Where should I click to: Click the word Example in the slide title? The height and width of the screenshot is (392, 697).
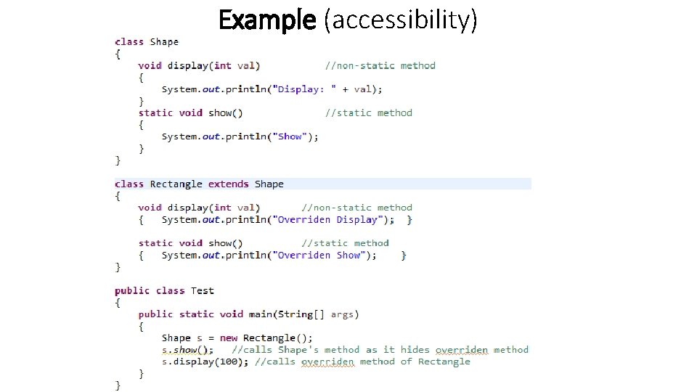(x=267, y=20)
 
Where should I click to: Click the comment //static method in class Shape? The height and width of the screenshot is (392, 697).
(x=368, y=113)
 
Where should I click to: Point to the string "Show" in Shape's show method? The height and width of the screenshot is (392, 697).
(x=290, y=136)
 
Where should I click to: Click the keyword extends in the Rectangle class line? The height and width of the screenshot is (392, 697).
(x=228, y=184)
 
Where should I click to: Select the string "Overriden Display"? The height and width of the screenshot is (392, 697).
(x=327, y=220)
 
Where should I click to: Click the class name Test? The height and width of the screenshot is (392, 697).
(x=203, y=291)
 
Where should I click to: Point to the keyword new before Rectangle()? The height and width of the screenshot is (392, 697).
(x=229, y=338)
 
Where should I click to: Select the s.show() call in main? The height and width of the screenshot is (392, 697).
(x=187, y=350)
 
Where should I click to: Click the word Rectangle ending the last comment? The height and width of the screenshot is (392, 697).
(x=444, y=362)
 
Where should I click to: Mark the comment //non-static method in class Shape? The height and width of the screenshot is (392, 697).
(x=380, y=65)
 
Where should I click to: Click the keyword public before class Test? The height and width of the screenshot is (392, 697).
(x=132, y=291)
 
